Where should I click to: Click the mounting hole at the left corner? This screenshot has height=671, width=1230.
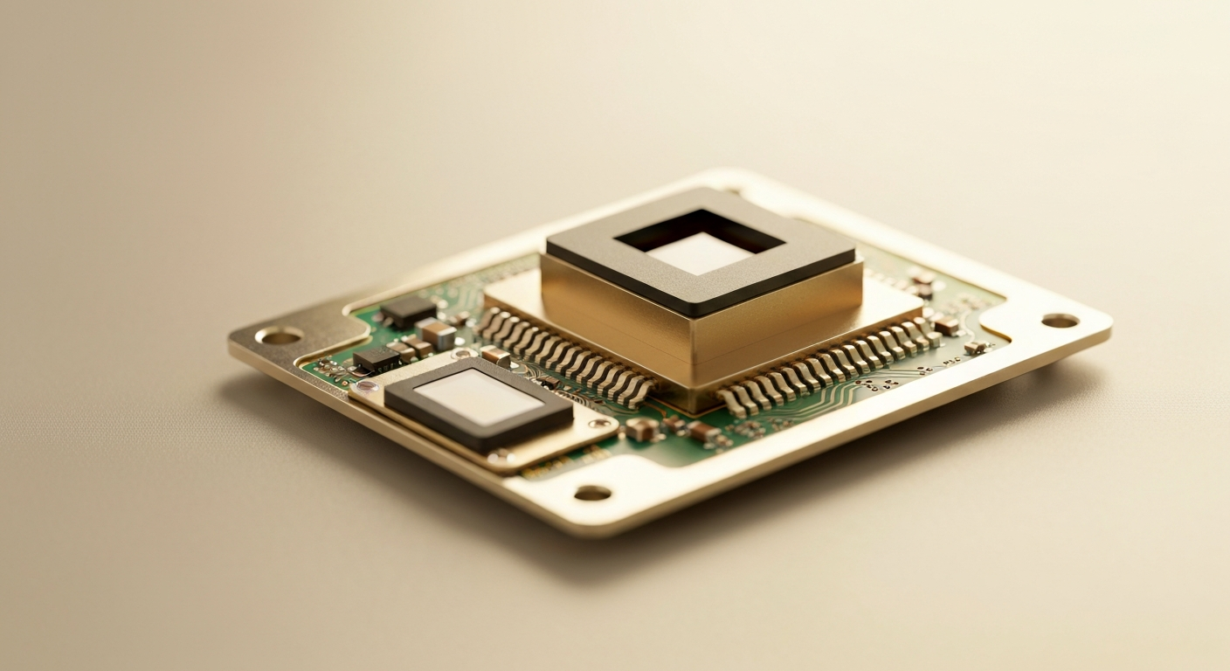point(279,335)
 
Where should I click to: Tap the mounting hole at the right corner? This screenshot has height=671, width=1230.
point(1059,321)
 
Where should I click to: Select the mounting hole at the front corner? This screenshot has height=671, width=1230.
point(592,493)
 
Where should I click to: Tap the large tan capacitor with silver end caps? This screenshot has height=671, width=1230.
point(436,334)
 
